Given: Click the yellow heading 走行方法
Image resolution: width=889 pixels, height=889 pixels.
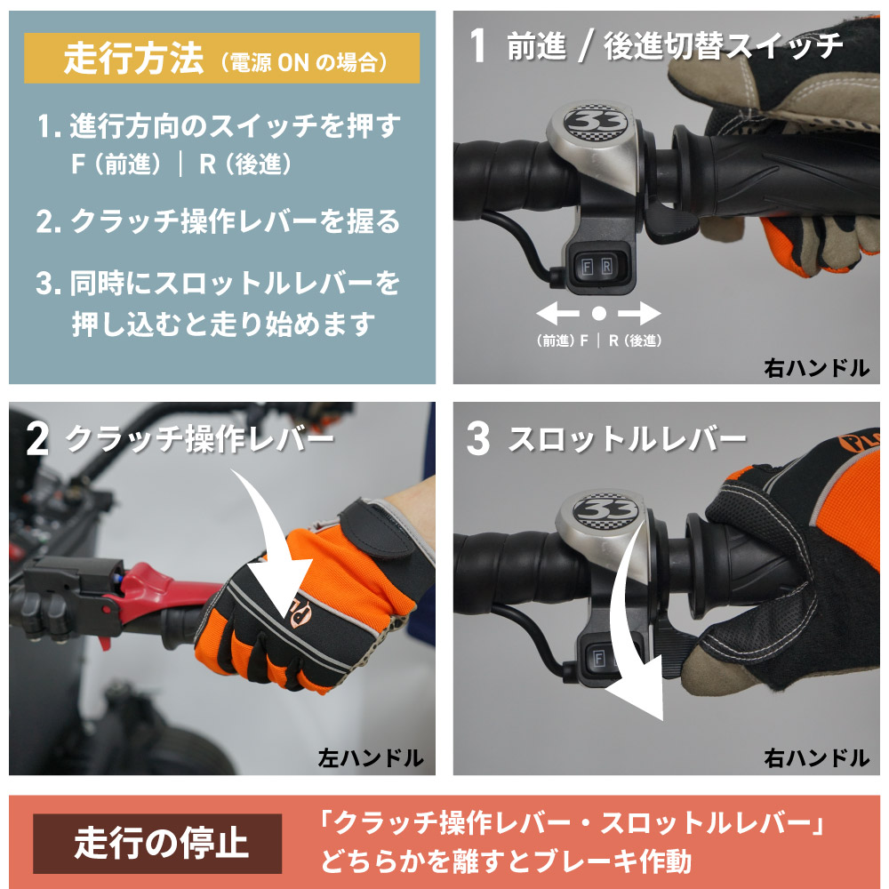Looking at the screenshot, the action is click(x=133, y=58).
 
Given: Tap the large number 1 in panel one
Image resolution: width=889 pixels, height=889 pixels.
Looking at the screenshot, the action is click(x=478, y=45).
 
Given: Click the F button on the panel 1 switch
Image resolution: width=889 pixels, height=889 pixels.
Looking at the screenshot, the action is click(x=588, y=266).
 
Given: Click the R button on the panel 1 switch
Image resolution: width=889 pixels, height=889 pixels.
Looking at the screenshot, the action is click(x=606, y=266).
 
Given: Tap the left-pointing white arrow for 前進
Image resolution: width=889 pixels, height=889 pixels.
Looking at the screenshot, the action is click(x=558, y=313).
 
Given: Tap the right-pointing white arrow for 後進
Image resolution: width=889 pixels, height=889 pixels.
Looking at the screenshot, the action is click(x=639, y=313).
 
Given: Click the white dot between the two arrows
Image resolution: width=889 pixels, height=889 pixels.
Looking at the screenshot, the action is click(x=598, y=313).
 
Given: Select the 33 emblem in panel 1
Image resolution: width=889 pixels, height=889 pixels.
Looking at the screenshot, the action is click(x=597, y=122).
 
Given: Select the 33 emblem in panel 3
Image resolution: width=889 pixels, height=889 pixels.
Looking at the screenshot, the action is click(x=605, y=509).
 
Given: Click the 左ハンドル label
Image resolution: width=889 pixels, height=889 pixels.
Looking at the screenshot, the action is click(x=371, y=758).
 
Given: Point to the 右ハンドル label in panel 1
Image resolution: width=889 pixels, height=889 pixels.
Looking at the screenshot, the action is click(x=816, y=369).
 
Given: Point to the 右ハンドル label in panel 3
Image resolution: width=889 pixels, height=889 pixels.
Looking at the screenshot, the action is click(x=816, y=758).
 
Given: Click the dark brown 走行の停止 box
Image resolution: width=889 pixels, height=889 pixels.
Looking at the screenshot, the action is click(x=157, y=843).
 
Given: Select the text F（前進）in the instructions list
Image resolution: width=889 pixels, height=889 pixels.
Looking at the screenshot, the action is click(x=116, y=164).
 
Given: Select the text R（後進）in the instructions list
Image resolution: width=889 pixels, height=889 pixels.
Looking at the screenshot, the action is click(x=245, y=164).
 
